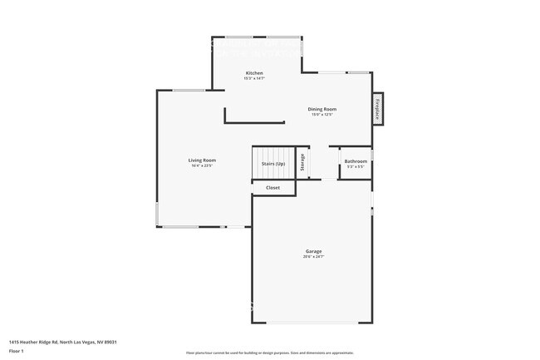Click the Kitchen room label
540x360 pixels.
point(254,73)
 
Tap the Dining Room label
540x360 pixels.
point(322,109)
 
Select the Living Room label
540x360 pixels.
point(202,160)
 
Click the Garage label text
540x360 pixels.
point(313,251)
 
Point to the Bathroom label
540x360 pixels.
point(356,161)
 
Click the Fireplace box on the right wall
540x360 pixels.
point(377,109)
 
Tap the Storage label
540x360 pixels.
point(302,162)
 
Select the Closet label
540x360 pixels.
point(272,188)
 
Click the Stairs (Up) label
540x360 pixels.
point(274,164)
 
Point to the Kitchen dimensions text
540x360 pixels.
point(254,79)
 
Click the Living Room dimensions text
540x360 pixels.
point(202,165)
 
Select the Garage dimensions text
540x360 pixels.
point(313,257)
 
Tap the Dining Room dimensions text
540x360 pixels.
point(322,115)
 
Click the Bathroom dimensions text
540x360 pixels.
point(356,167)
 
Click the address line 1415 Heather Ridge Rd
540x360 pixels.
point(62,342)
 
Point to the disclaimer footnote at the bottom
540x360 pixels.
point(269,353)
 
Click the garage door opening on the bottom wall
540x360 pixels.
point(312,323)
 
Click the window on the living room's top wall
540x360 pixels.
point(189,90)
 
